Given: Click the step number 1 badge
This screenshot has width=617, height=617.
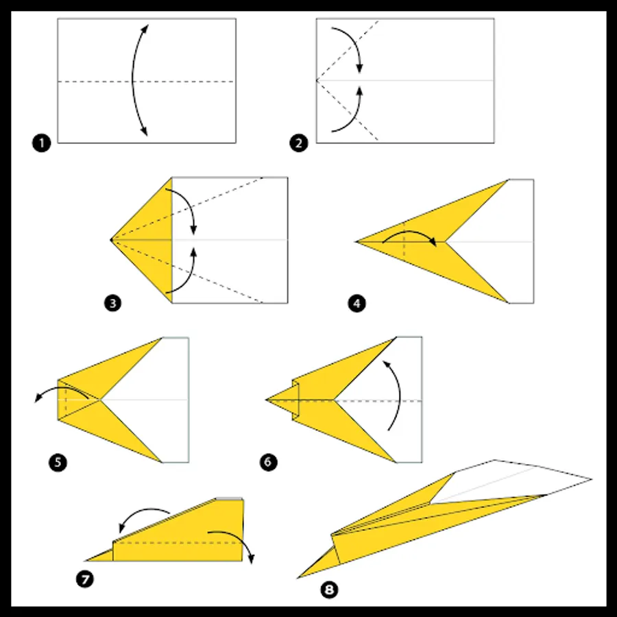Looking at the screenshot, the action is tap(41, 143).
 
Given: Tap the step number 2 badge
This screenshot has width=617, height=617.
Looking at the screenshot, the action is tap(299, 143).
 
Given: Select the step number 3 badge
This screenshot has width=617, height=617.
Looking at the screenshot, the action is tap(112, 304).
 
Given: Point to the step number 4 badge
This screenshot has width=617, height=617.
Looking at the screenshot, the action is tap(356, 304).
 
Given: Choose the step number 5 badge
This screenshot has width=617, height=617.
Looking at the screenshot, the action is tap(58, 462).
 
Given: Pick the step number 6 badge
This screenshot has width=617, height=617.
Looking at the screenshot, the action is tap(268, 462).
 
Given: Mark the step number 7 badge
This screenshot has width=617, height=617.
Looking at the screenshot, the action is tap(85, 579).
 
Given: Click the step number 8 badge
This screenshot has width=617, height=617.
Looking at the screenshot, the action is tap(329, 590).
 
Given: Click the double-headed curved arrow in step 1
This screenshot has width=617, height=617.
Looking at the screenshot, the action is tap(132, 80).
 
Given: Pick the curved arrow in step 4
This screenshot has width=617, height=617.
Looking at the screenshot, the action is tap(409, 232).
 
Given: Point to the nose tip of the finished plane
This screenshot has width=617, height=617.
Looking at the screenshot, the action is tap(298, 578).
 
